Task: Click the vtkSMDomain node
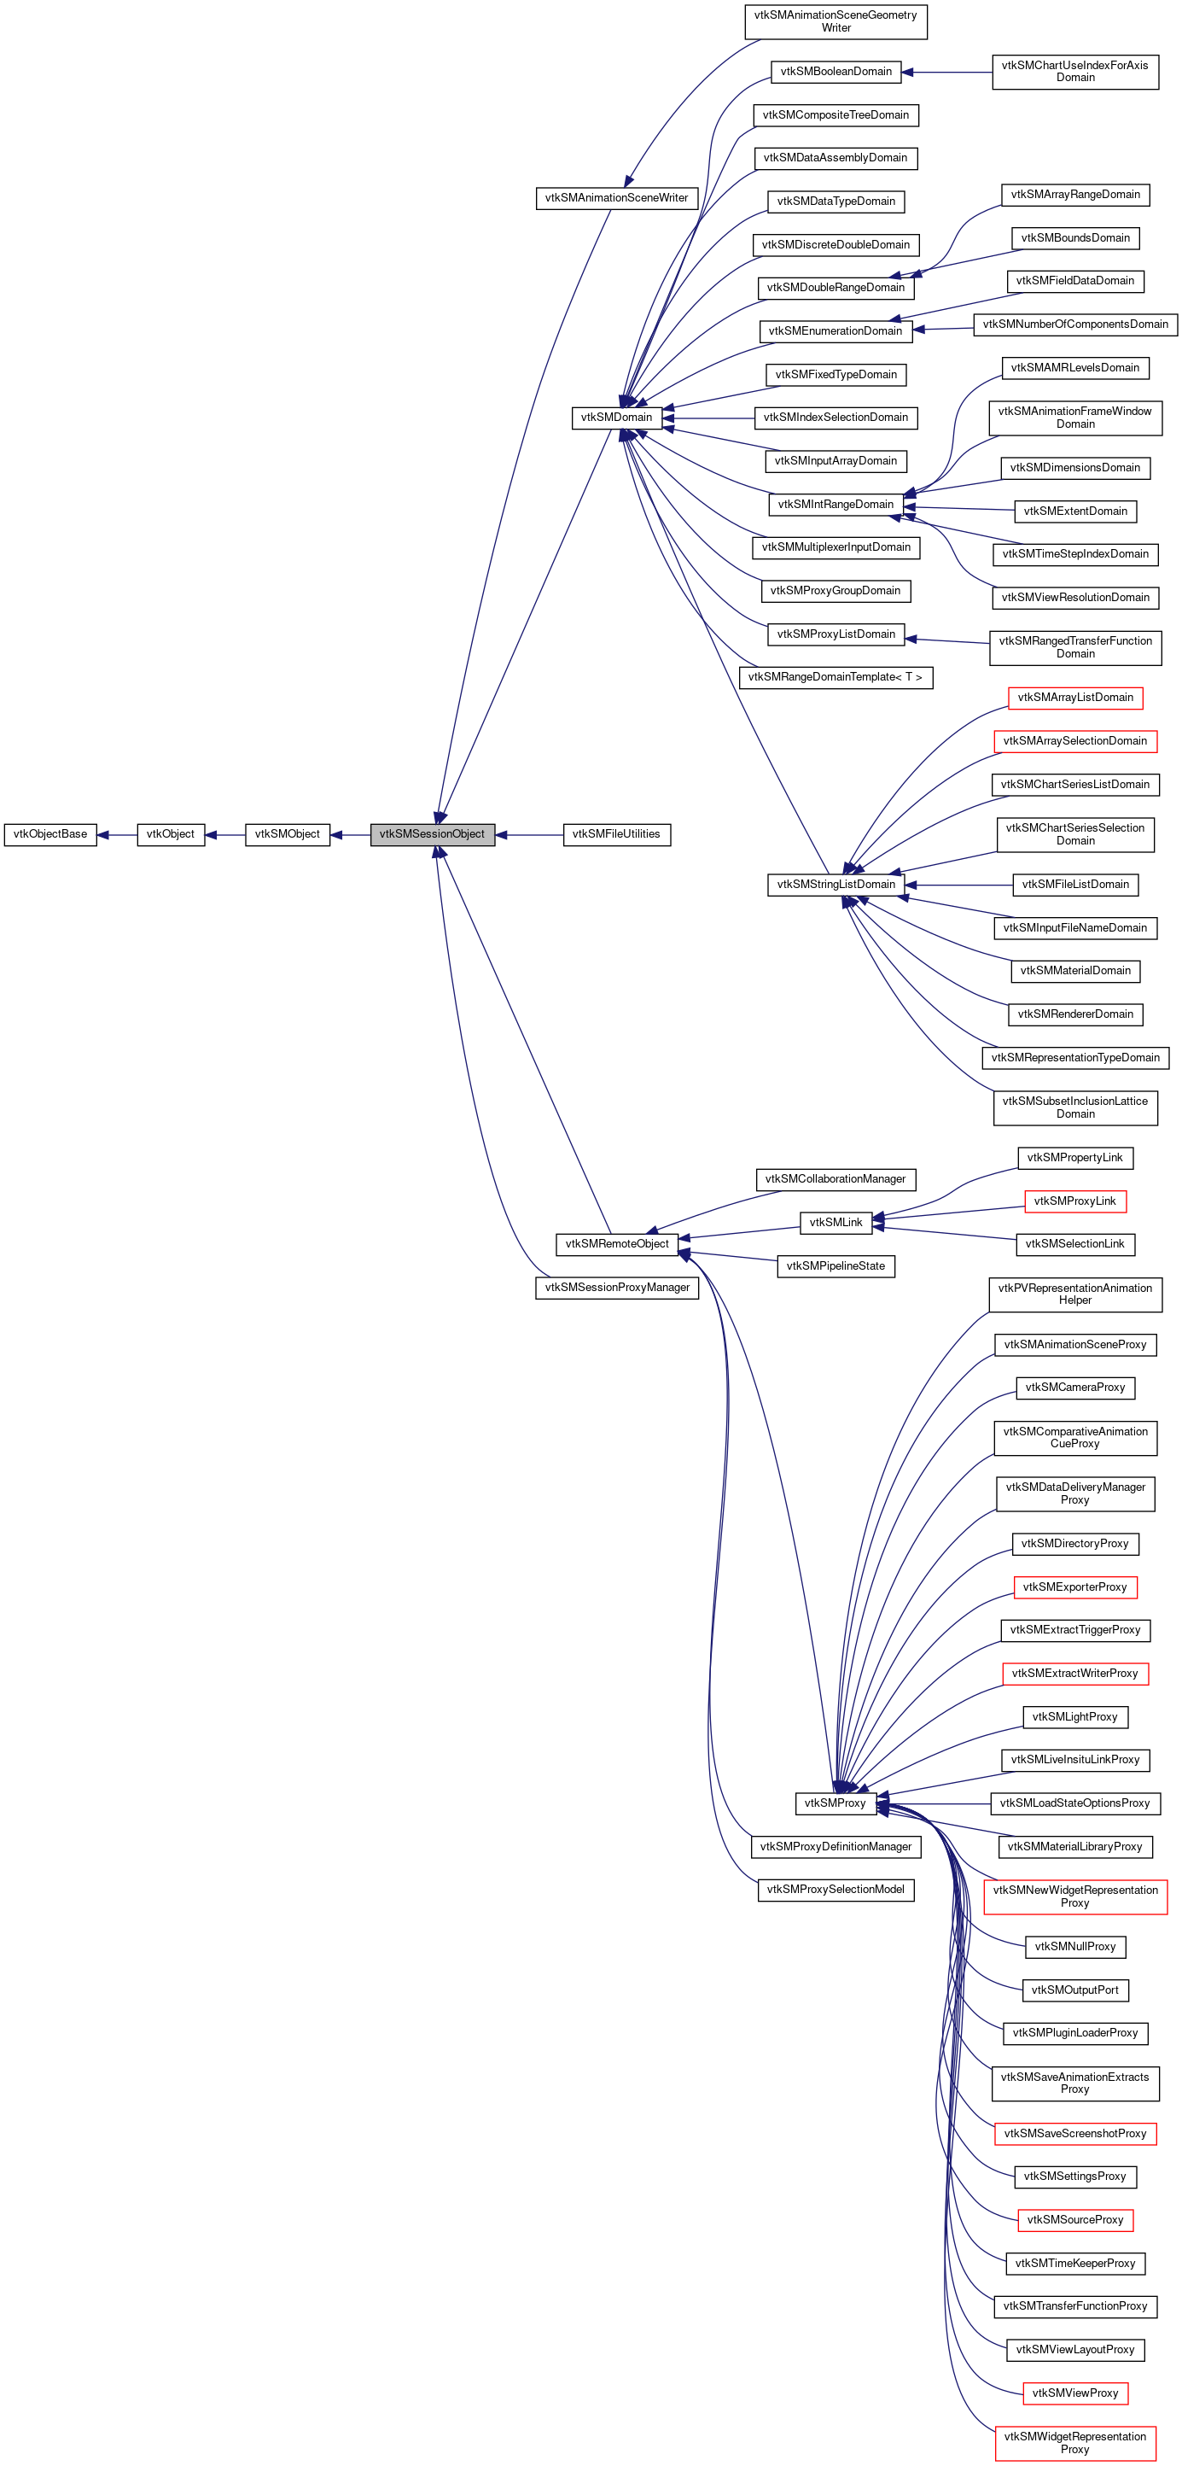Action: [x=615, y=418]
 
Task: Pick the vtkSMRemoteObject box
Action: [x=615, y=1243]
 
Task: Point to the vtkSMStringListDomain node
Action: [x=835, y=885]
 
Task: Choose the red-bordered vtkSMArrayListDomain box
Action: [x=1074, y=698]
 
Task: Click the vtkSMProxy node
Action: [x=835, y=1803]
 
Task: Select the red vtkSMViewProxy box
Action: [x=1074, y=2393]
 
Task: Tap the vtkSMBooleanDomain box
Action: [x=835, y=72]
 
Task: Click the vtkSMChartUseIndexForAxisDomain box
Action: [x=1074, y=72]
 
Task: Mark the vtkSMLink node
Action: [x=835, y=1223]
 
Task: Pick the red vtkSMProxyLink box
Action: [x=1074, y=1201]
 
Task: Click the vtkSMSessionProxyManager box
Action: [x=615, y=1288]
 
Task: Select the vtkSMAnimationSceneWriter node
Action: [x=615, y=198]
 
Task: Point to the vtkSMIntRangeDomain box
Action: [x=835, y=505]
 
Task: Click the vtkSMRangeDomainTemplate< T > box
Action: [x=835, y=678]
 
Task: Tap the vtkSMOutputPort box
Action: [x=1074, y=1990]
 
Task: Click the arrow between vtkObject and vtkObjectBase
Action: [x=117, y=835]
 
